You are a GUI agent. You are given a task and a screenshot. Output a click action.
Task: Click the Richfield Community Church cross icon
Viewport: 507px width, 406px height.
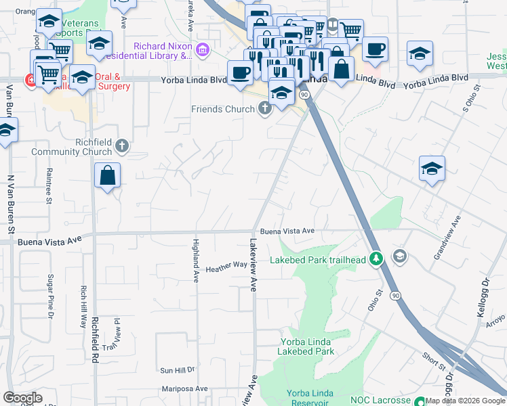pos(122,145)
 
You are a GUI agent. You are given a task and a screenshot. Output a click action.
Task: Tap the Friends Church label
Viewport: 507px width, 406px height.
pos(223,109)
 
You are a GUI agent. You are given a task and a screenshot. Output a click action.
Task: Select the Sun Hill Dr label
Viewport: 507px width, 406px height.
pos(177,370)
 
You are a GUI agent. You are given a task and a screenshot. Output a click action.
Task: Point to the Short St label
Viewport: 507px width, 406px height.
pos(433,362)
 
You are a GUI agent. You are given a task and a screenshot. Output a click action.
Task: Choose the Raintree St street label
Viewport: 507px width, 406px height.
pos(49,185)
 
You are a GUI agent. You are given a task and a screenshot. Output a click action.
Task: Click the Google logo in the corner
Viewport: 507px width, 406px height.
pos(22,398)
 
